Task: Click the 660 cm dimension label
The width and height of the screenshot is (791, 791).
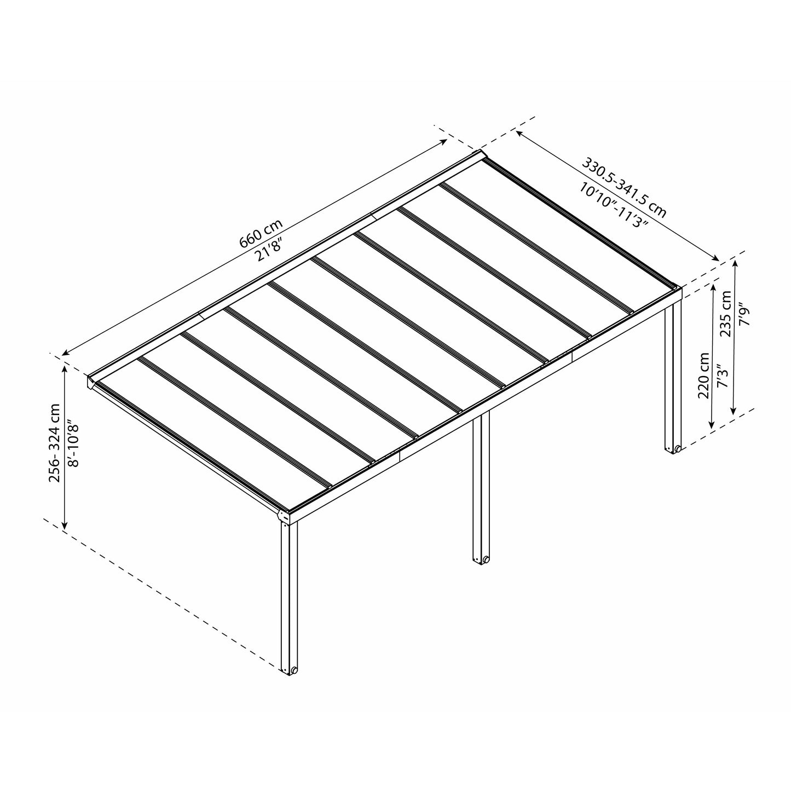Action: (x=262, y=234)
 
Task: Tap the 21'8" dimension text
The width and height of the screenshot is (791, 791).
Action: (x=270, y=250)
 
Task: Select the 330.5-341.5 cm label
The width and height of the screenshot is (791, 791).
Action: (x=623, y=187)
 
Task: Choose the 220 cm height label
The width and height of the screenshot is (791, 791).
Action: (x=703, y=375)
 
